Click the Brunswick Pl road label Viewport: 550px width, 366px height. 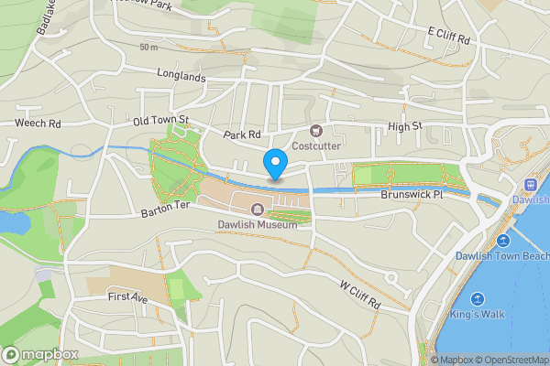tap(412, 195)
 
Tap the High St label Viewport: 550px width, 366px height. tap(404, 125)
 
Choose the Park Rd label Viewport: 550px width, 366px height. tap(242, 135)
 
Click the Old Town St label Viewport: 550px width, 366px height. tap(160, 120)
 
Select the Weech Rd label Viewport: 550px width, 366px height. tap(38, 123)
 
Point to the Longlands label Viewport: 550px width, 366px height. tap(181, 77)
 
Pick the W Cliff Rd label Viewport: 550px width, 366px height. tap(359, 295)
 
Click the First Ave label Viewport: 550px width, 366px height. tap(127, 298)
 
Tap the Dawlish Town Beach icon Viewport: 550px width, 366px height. tap(503, 241)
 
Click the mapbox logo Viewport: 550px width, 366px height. tap(39, 353)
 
